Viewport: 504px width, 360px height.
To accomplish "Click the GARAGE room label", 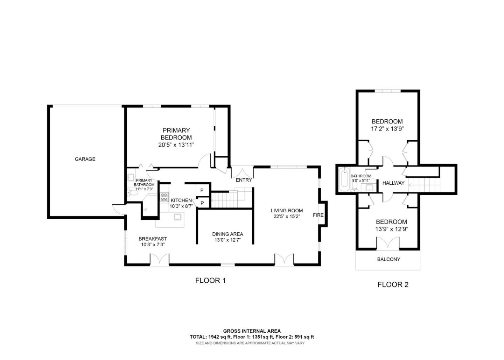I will point(85,159).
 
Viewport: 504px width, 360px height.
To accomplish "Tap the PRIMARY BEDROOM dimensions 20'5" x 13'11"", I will point(176,145).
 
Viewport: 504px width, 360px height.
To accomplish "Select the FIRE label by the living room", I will point(318,215).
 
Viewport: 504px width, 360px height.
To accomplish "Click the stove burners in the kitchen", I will point(164,197).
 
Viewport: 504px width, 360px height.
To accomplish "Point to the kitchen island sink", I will point(178,217).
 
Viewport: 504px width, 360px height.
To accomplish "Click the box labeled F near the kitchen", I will point(202,191).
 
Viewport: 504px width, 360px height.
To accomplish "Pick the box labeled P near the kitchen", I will point(202,203).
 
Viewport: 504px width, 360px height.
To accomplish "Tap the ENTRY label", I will point(244,180).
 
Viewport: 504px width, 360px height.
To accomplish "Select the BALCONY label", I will point(388,259).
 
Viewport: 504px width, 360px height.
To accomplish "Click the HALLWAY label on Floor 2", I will point(393,183).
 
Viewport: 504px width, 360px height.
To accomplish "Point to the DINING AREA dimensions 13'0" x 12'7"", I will point(227,240).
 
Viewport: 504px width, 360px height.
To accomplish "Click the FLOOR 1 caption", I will point(210,280).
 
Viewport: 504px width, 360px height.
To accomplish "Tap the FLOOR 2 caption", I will point(393,284).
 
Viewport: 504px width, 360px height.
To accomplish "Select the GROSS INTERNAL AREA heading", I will point(252,331).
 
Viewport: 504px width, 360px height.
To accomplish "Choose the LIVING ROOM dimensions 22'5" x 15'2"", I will point(286,217).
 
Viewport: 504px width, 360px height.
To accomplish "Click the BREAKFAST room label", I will point(153,239).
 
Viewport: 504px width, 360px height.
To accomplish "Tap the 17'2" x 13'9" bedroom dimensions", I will point(387,128).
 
